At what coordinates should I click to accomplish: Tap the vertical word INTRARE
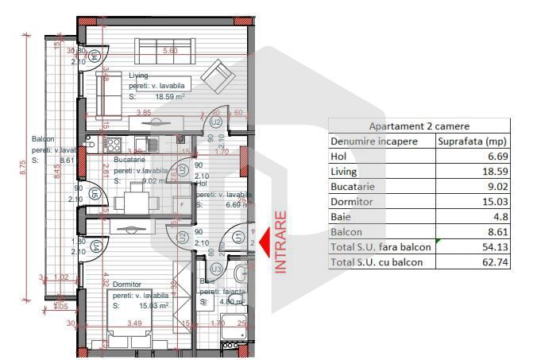click(x=280, y=242)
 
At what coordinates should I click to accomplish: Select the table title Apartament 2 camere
click(x=419, y=126)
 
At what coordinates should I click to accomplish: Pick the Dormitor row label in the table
click(x=353, y=202)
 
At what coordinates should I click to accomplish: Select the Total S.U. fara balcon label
click(x=381, y=247)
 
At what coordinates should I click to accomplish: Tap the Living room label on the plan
click(x=139, y=75)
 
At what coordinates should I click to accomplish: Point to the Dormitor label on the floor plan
click(x=127, y=284)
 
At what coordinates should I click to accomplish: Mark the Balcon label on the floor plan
click(x=43, y=138)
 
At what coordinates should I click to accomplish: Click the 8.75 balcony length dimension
click(x=23, y=168)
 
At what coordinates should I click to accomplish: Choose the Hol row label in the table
click(x=338, y=156)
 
